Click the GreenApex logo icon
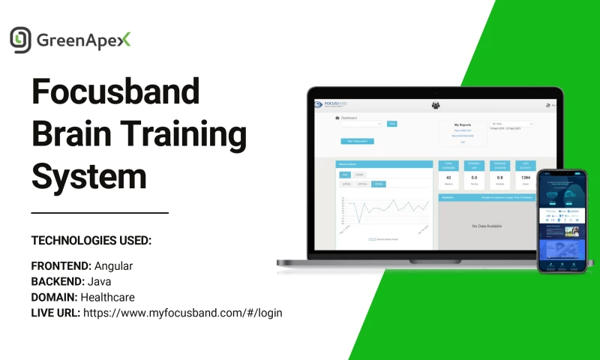(21, 39)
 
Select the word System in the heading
(88, 178)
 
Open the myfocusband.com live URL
(182, 313)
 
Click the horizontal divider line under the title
(100, 213)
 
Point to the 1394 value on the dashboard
(525, 177)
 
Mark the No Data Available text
(486, 226)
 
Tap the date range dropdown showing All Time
(511, 123)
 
